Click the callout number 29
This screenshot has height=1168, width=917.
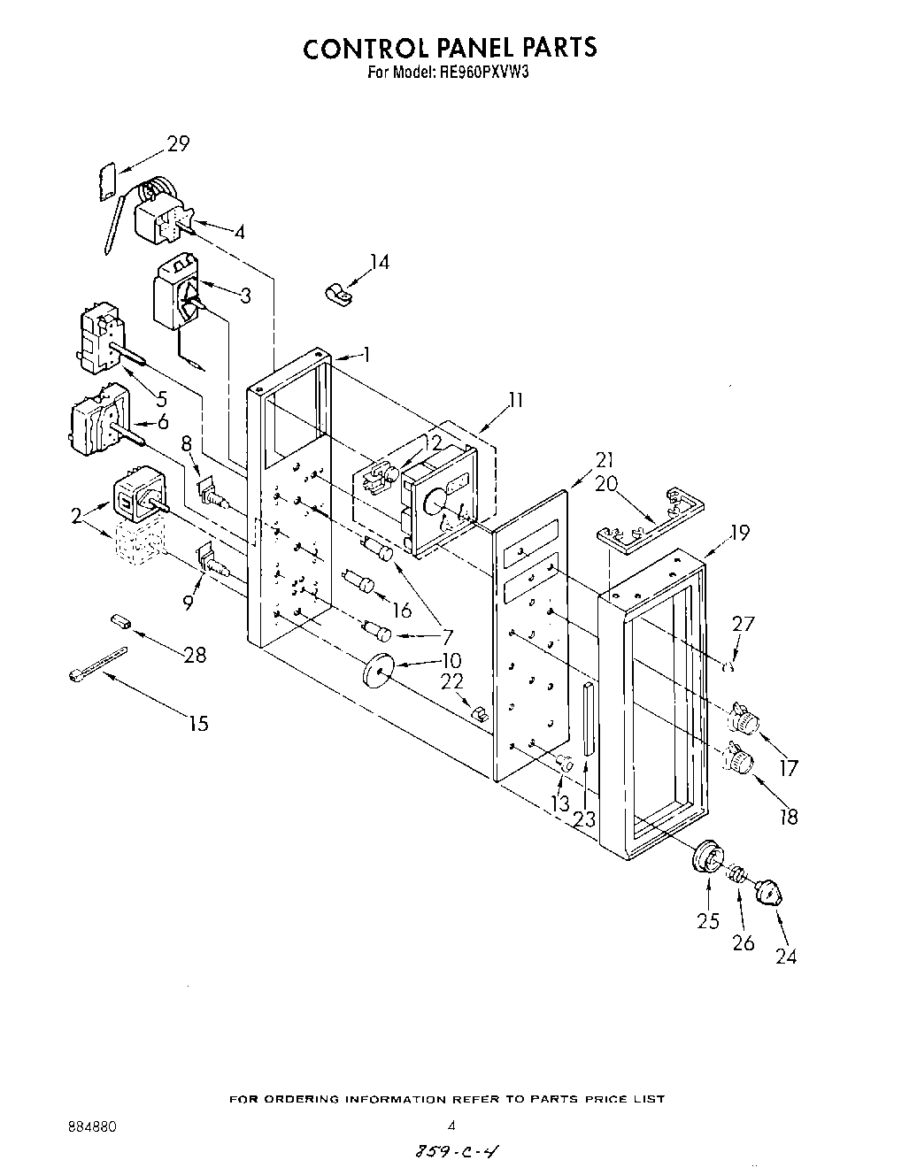(x=178, y=142)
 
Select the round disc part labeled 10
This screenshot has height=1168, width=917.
(x=377, y=670)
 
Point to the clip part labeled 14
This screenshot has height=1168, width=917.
(x=336, y=293)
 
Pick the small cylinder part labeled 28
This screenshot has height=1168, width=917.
(x=121, y=622)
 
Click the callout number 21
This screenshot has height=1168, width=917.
(x=605, y=459)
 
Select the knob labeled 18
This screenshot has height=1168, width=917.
(x=739, y=759)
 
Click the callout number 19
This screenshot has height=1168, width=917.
(x=739, y=532)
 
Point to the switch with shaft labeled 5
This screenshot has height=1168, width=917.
(x=102, y=338)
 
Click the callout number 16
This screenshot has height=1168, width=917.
(x=402, y=610)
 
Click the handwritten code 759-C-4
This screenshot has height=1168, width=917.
(x=451, y=1151)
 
